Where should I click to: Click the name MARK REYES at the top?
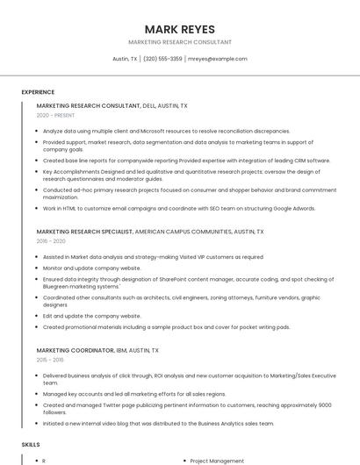tap(180, 29)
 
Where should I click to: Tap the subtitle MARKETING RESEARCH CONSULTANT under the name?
tap(180, 42)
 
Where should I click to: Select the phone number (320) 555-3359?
tap(162, 59)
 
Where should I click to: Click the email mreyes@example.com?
tap(218, 59)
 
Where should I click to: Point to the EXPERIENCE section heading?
tap(38, 92)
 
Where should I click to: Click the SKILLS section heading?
tap(31, 446)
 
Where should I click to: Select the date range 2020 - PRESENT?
tap(55, 115)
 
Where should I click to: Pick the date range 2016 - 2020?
tap(51, 240)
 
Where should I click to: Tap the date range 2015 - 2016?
tap(50, 360)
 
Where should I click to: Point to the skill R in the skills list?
tap(44, 461)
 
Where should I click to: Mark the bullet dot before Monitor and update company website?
tap(38, 268)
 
